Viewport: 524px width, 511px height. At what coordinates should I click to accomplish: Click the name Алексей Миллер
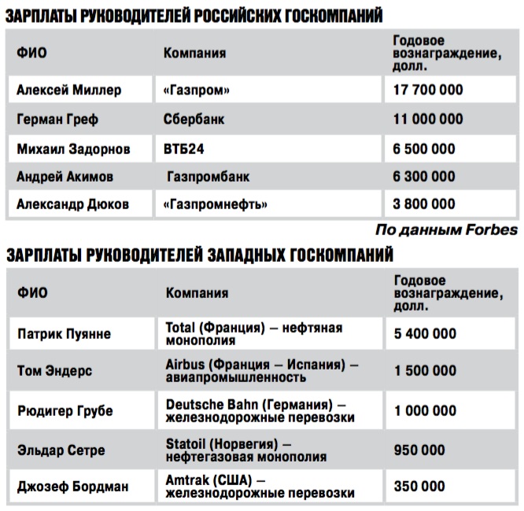[69, 90]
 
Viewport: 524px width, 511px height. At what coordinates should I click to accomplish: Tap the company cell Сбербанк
[194, 119]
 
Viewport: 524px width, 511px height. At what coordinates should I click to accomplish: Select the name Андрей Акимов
[65, 177]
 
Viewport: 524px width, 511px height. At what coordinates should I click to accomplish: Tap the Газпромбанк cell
[208, 177]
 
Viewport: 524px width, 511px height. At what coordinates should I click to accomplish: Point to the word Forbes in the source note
[493, 230]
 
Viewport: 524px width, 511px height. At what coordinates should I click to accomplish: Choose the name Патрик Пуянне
[64, 334]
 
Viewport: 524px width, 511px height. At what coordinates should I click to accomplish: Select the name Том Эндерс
[54, 371]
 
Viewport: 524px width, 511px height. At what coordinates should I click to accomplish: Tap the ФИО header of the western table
[32, 292]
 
